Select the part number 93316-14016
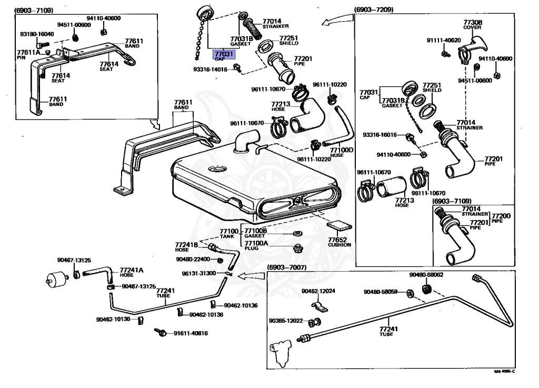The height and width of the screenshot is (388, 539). [210, 69]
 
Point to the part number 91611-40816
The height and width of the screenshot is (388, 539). [191, 333]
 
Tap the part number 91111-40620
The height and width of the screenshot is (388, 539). [443, 41]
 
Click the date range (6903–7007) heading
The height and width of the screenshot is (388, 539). [286, 267]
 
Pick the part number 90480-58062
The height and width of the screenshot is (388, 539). [426, 275]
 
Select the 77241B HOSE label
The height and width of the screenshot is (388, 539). [186, 247]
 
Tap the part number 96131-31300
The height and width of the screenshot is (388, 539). [199, 273]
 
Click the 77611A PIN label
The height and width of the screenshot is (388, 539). [28, 54]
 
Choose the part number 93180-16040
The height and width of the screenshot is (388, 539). [37, 34]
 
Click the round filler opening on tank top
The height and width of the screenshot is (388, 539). [216, 170]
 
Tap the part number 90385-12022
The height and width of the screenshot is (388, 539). [286, 321]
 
